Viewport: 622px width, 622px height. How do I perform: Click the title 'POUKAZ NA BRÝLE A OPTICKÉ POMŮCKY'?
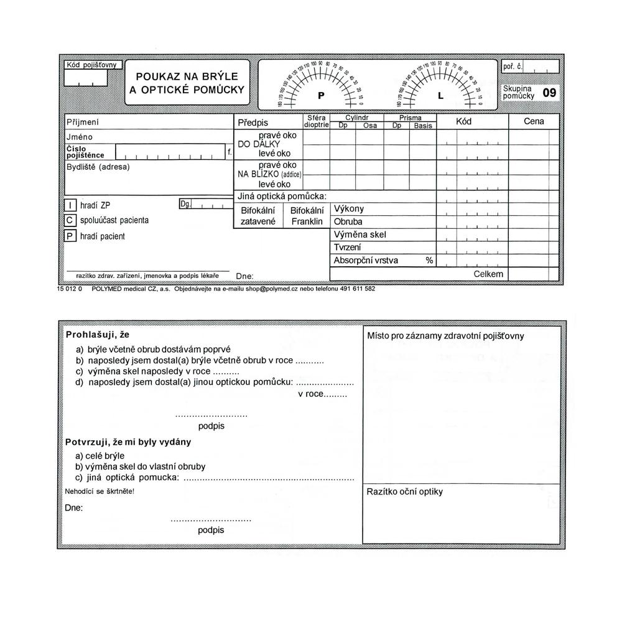tap(187, 83)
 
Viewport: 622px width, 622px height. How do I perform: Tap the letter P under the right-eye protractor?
tap(321, 96)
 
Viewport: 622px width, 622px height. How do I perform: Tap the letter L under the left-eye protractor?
tap(440, 96)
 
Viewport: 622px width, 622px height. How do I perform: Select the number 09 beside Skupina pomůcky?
tap(549, 93)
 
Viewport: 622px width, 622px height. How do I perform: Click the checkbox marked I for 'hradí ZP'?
tap(70, 205)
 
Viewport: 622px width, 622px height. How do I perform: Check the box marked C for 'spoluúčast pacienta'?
tap(70, 220)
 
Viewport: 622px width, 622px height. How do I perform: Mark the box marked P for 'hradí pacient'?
tap(70, 236)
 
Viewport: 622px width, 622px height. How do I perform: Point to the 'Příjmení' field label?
tap(83, 123)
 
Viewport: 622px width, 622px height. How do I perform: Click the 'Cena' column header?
tap(534, 121)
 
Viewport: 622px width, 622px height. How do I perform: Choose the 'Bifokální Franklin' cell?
tap(307, 215)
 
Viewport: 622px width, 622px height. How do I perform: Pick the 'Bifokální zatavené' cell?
tap(258, 215)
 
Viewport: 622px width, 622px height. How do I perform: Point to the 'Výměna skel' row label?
tap(360, 234)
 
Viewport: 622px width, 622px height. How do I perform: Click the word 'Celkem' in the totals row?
tap(488, 274)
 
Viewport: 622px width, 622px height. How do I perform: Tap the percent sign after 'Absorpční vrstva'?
tap(429, 260)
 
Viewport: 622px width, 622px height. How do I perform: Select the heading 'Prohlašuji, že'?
tap(97, 335)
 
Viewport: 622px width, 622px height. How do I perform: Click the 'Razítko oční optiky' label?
tap(405, 491)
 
